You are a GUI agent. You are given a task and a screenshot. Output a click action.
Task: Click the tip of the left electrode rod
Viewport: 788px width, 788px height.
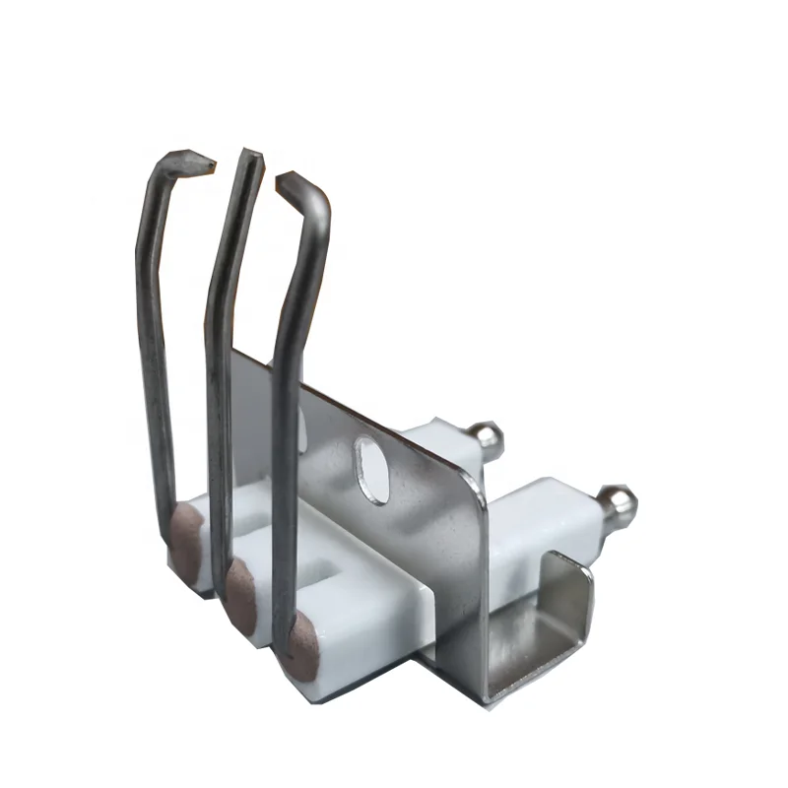[208, 161]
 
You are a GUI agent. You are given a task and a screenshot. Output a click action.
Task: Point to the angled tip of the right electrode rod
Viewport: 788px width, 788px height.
[287, 180]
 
